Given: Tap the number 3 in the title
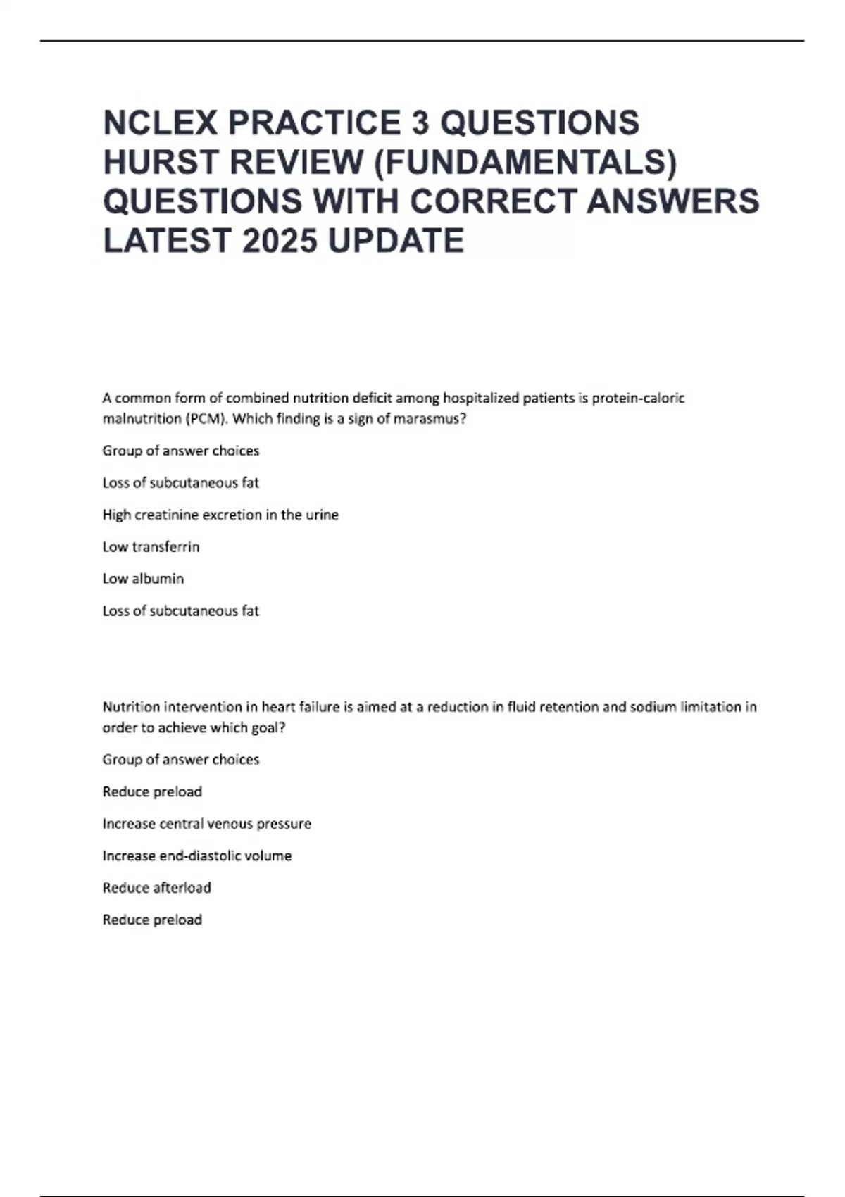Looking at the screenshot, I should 420,123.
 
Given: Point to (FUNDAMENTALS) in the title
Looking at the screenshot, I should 525,162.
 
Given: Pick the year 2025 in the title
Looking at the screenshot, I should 281,241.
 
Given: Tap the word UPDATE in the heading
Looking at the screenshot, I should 396,241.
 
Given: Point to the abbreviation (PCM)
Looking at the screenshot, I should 206,419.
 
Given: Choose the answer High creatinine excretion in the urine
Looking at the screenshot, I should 220,515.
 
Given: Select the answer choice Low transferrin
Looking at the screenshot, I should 151,547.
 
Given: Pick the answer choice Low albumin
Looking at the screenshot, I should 143,579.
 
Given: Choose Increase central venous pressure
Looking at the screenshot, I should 206,824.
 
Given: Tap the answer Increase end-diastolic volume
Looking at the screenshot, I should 196,856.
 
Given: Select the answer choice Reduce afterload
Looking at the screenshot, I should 156,888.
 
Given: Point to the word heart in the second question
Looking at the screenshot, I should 279,707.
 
